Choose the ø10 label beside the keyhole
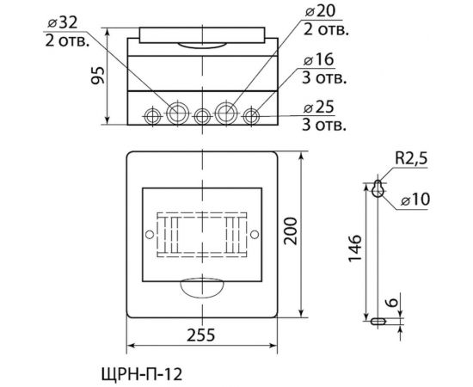(x=416, y=201)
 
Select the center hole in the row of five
(x=202, y=115)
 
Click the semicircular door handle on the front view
(x=201, y=288)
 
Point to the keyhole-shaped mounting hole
(x=377, y=190)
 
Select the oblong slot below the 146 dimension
(x=378, y=321)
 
